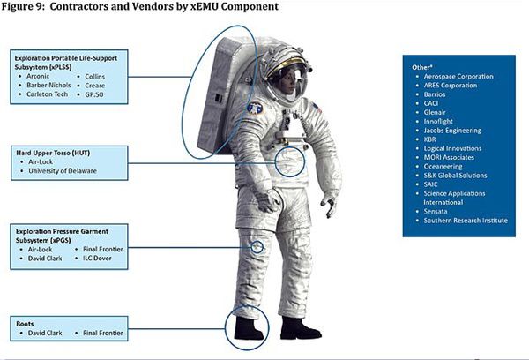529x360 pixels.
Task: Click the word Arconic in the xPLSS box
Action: tap(38, 76)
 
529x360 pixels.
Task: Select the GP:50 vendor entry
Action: tap(94, 94)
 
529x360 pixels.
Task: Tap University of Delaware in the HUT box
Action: tap(63, 171)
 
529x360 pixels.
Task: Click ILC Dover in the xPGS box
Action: tap(97, 258)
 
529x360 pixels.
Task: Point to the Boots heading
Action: tap(25, 324)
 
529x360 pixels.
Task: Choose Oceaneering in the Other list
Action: tap(443, 167)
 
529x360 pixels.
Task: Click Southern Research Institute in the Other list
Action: tap(466, 221)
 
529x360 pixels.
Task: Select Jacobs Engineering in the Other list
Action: tap(452, 131)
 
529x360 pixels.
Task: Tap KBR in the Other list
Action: tap(430, 139)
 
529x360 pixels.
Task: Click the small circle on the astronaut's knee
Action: tap(257, 247)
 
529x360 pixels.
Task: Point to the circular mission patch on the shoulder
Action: tap(255, 108)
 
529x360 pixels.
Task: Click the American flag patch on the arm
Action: tap(317, 108)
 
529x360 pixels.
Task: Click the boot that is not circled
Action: tap(299, 328)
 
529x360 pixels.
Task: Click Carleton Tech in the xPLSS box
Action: tap(48, 94)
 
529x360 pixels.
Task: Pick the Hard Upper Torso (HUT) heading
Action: tap(53, 153)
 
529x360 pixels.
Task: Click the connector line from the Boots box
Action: tap(177, 328)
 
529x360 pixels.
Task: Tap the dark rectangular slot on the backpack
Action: tap(219, 98)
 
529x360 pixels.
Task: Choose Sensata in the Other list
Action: tap(436, 212)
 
